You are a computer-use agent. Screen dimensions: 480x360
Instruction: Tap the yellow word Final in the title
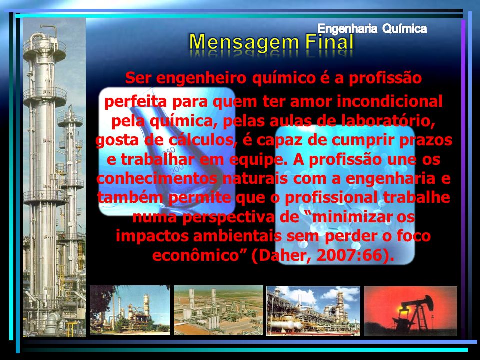click(x=329, y=41)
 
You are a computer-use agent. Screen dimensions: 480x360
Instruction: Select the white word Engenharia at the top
click(x=347, y=29)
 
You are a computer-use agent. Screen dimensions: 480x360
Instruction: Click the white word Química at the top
click(x=404, y=29)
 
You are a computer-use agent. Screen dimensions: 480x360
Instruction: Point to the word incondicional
click(x=389, y=101)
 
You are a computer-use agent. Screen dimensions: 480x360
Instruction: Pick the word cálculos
click(x=204, y=140)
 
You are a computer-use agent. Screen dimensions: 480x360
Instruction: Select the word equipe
click(x=258, y=160)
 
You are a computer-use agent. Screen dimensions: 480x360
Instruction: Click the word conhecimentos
click(x=157, y=178)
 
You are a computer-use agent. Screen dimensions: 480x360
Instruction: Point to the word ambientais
click(x=237, y=236)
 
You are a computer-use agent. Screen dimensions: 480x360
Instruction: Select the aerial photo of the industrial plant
click(x=218, y=310)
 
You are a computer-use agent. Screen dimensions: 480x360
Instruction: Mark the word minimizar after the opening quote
click(x=352, y=217)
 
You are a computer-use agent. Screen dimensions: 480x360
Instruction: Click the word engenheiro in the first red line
click(x=201, y=78)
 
